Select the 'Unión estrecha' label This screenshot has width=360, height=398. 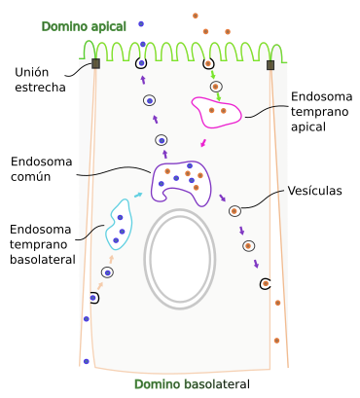pyautogui.click(x=41, y=80)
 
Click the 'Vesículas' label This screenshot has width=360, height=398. pyautogui.click(x=314, y=192)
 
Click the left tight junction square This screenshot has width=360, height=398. pyautogui.click(x=95, y=64)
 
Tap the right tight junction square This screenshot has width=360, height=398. pyautogui.click(x=270, y=65)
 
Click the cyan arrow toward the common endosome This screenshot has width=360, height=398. pyautogui.click(x=137, y=196)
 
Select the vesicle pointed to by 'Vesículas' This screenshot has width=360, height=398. pyautogui.click(x=234, y=210)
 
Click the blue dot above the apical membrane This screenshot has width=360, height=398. pyautogui.click(x=141, y=22)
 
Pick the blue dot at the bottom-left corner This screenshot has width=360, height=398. pyautogui.click(x=87, y=361)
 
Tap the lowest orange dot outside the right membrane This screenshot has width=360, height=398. pyautogui.click(x=277, y=340)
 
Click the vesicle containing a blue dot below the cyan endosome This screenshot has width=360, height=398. pyautogui.click(x=107, y=272)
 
